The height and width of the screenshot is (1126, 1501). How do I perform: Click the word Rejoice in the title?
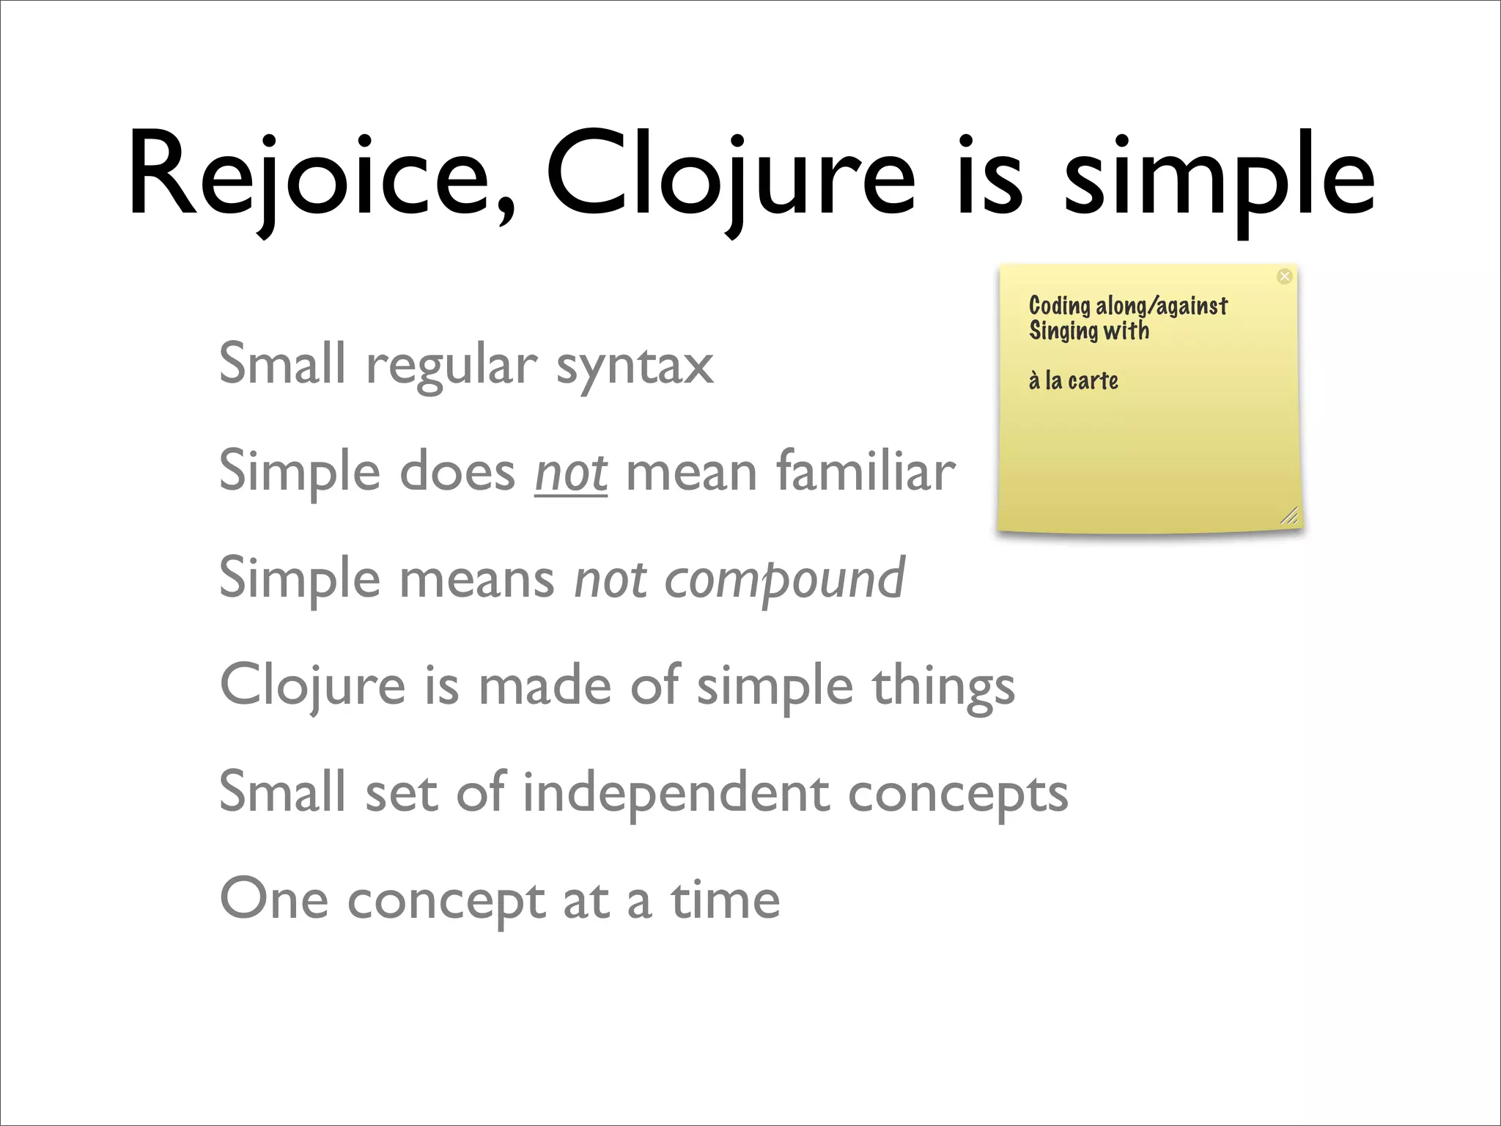[x=308, y=176]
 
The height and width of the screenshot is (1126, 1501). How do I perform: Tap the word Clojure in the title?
[x=729, y=176]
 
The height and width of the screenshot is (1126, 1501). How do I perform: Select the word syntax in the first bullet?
[x=635, y=365]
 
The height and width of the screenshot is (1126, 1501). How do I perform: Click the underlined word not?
[x=571, y=473]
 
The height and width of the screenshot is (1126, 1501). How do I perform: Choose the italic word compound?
[x=784, y=580]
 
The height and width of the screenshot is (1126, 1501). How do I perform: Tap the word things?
[x=943, y=687]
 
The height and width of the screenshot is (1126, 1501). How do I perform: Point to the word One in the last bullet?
[x=273, y=899]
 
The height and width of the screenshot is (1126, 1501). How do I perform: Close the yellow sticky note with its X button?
[x=1284, y=276]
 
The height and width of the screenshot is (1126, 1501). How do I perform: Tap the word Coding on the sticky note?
[x=1059, y=306]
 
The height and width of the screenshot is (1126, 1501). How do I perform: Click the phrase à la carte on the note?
[x=1073, y=380]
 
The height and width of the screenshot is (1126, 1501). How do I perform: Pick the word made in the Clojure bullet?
[x=545, y=687]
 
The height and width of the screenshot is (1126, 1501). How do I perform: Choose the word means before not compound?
[x=476, y=580]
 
